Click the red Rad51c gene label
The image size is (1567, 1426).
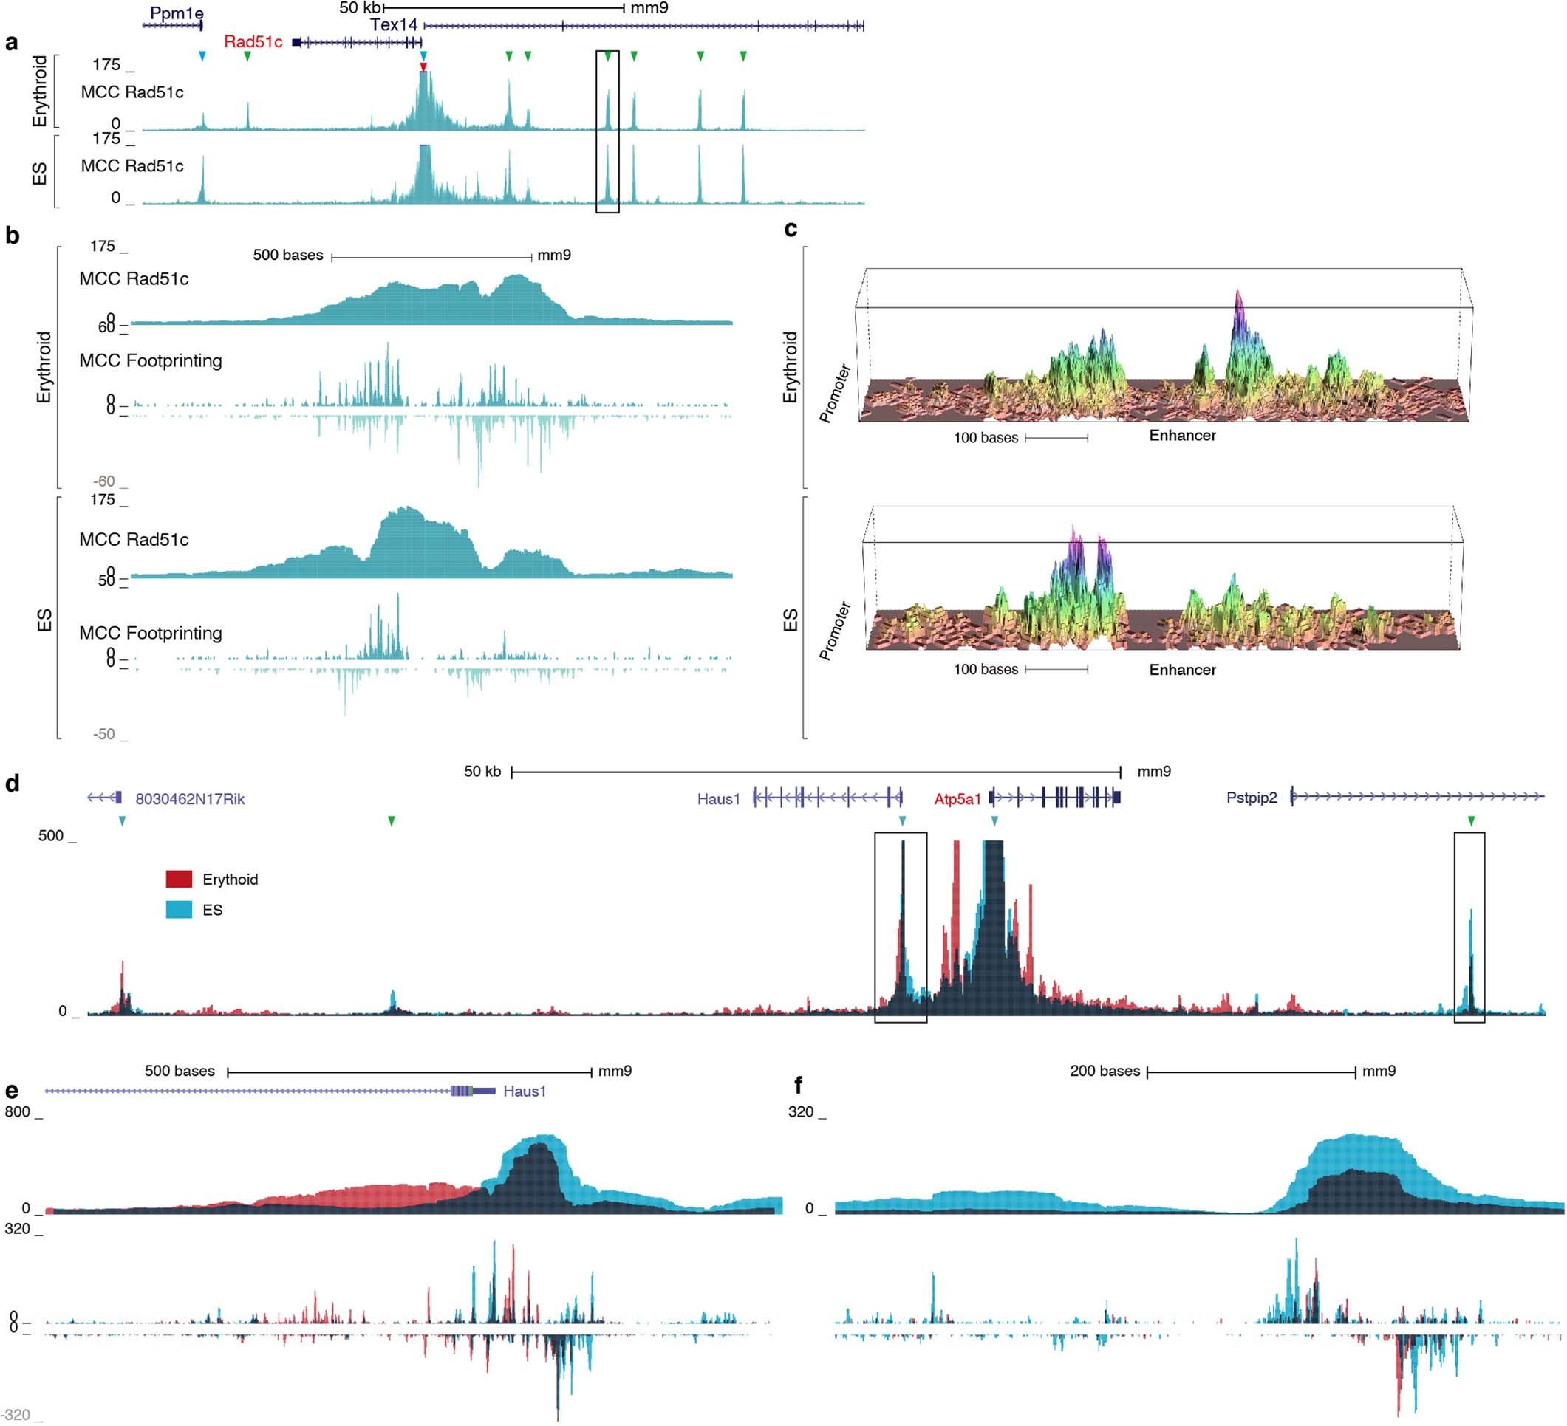[x=253, y=42]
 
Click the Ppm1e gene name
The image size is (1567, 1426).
[x=177, y=14]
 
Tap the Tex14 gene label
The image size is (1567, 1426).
[x=393, y=25]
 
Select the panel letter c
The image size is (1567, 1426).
[x=791, y=229]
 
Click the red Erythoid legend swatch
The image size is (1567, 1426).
[x=179, y=879]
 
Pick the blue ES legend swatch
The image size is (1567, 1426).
[x=179, y=909]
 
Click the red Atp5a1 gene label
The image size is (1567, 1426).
[x=957, y=799]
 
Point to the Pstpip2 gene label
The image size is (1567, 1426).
[x=1252, y=798]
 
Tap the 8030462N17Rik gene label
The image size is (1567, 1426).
[x=190, y=799]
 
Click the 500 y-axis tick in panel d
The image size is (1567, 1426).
[x=51, y=836]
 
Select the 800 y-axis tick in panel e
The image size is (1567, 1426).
[x=17, y=1112]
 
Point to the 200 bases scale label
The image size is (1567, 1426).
[x=1105, y=1071]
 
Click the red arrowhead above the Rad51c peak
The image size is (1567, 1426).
[x=423, y=66]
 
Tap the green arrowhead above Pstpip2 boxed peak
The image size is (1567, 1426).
[x=1471, y=821]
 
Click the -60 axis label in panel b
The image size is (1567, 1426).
[x=103, y=481]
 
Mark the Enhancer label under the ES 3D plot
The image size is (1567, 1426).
[x=1182, y=670]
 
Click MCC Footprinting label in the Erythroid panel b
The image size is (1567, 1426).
[x=151, y=360]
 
